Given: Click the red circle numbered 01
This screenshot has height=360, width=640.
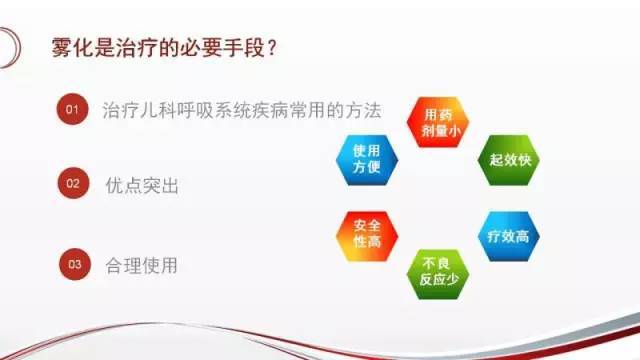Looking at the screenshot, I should [71, 110].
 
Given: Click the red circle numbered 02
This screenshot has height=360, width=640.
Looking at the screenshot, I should [71, 185].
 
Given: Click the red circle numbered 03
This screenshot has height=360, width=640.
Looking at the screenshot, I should [71, 265].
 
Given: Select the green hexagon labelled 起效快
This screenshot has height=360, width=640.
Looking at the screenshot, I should [508, 160].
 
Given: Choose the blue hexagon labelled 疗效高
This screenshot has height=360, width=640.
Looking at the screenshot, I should [508, 236].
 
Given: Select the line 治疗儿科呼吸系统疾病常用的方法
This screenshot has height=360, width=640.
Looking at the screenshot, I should [243, 110].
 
